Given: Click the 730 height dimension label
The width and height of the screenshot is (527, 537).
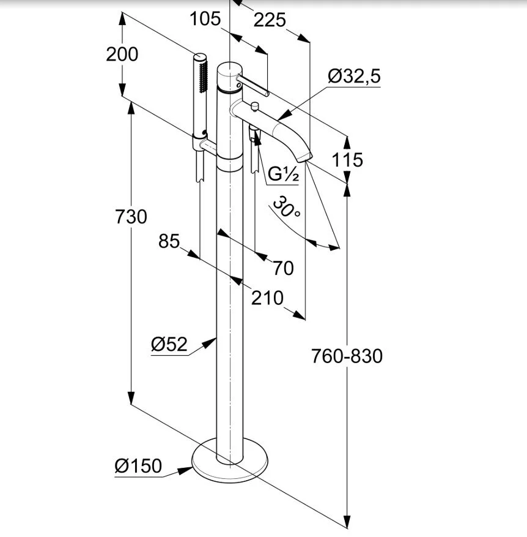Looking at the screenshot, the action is [131, 217].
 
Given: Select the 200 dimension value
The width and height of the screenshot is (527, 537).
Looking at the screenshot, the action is [122, 54].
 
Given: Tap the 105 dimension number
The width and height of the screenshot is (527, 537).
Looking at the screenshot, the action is [205, 18].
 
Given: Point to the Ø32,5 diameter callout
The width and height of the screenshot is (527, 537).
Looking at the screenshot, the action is [354, 76].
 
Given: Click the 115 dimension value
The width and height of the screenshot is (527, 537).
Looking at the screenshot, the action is [347, 160].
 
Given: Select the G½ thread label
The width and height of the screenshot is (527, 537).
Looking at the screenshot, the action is [283, 174].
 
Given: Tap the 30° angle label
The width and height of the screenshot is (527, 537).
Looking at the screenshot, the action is [287, 206].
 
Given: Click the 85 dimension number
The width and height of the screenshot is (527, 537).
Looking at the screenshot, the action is [169, 241].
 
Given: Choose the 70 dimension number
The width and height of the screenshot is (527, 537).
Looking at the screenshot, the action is [283, 268].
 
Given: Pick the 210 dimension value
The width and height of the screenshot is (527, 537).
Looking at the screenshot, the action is [267, 298].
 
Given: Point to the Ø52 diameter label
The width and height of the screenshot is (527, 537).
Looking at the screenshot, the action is [169, 344].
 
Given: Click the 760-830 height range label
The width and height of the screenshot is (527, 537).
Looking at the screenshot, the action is [347, 356].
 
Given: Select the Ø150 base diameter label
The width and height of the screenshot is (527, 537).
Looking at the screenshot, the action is [138, 466].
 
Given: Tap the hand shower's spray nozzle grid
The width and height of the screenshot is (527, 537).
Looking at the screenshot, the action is [204, 77].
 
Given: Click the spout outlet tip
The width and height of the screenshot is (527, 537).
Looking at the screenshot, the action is [304, 158].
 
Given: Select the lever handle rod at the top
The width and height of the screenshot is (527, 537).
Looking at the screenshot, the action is [253, 86].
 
